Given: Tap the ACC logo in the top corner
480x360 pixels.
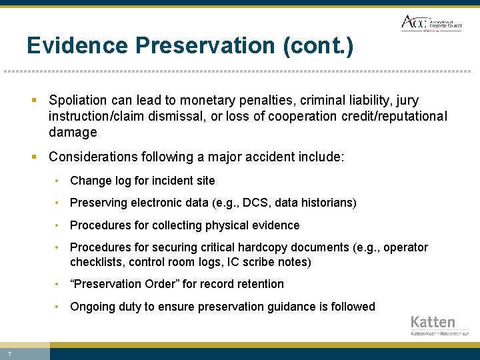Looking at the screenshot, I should pyautogui.click(x=431, y=23).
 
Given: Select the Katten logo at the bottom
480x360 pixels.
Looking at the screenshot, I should pyautogui.click(x=439, y=325).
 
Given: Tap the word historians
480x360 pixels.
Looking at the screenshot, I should pyautogui.click(x=325, y=203).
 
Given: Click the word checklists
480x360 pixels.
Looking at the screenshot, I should pyautogui.click(x=96, y=262).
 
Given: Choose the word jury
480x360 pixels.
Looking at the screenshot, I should pyautogui.click(x=407, y=101).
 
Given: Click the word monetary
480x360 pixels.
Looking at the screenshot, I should pyautogui.click(x=187, y=101).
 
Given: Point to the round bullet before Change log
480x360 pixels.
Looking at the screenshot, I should pyautogui.click(x=59, y=181).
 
